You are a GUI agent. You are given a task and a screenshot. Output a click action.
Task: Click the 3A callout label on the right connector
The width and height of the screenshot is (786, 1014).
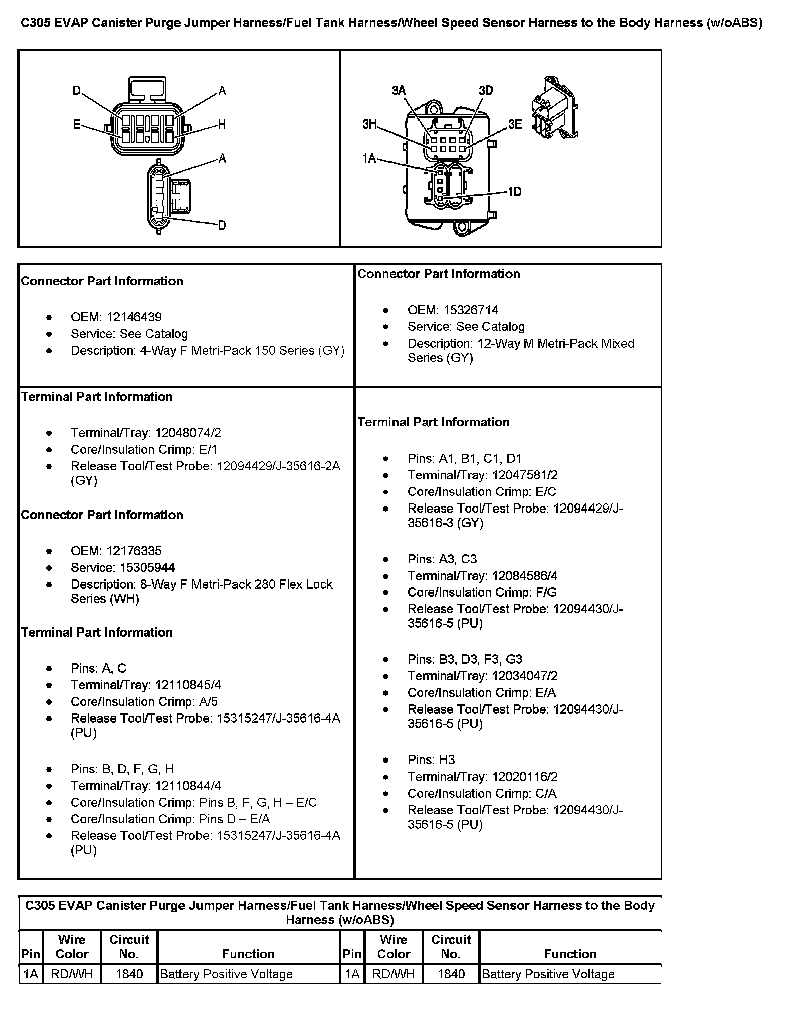pos(399,91)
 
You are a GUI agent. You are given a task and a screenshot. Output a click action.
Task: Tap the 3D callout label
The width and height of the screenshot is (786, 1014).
pos(485,91)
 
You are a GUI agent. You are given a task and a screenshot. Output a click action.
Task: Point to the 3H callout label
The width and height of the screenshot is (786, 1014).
pos(369,125)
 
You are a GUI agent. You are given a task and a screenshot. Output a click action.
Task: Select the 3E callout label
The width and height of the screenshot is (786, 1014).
pos(515,125)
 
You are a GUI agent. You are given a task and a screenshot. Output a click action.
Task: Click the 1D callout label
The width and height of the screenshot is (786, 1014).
pos(514,192)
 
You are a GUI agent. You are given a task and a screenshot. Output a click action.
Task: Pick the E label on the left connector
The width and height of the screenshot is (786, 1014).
pos(77,125)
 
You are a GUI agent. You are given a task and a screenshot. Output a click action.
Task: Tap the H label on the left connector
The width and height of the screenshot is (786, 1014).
pos(222,125)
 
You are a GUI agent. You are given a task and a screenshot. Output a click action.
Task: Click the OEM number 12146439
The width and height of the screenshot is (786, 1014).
pos(134,317)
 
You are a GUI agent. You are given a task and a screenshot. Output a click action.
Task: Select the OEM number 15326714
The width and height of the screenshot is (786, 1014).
pos(470,310)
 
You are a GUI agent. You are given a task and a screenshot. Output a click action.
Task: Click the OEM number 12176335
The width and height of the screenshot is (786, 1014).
pos(134,551)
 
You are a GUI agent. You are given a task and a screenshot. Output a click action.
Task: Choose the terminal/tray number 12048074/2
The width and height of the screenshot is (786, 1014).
pos(188,433)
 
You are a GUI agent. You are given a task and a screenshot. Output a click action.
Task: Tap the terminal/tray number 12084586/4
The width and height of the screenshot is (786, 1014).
pos(525,576)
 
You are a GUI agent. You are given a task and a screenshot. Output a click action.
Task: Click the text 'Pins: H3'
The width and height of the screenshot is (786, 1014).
pos(431,760)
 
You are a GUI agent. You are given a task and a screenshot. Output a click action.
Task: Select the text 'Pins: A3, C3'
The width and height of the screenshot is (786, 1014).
pos(442,559)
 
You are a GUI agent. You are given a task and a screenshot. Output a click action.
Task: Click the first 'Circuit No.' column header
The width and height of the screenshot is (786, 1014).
pos(129,947)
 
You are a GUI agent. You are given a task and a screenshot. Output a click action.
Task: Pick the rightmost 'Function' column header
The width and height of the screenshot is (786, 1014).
pos(570,954)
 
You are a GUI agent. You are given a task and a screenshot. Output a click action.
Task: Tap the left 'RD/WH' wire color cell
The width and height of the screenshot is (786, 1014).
pos(72,974)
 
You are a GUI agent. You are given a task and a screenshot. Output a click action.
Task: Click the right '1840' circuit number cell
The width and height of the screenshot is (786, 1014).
pos(451,974)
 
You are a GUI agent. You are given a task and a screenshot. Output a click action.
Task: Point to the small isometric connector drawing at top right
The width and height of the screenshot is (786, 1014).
pos(553,109)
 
